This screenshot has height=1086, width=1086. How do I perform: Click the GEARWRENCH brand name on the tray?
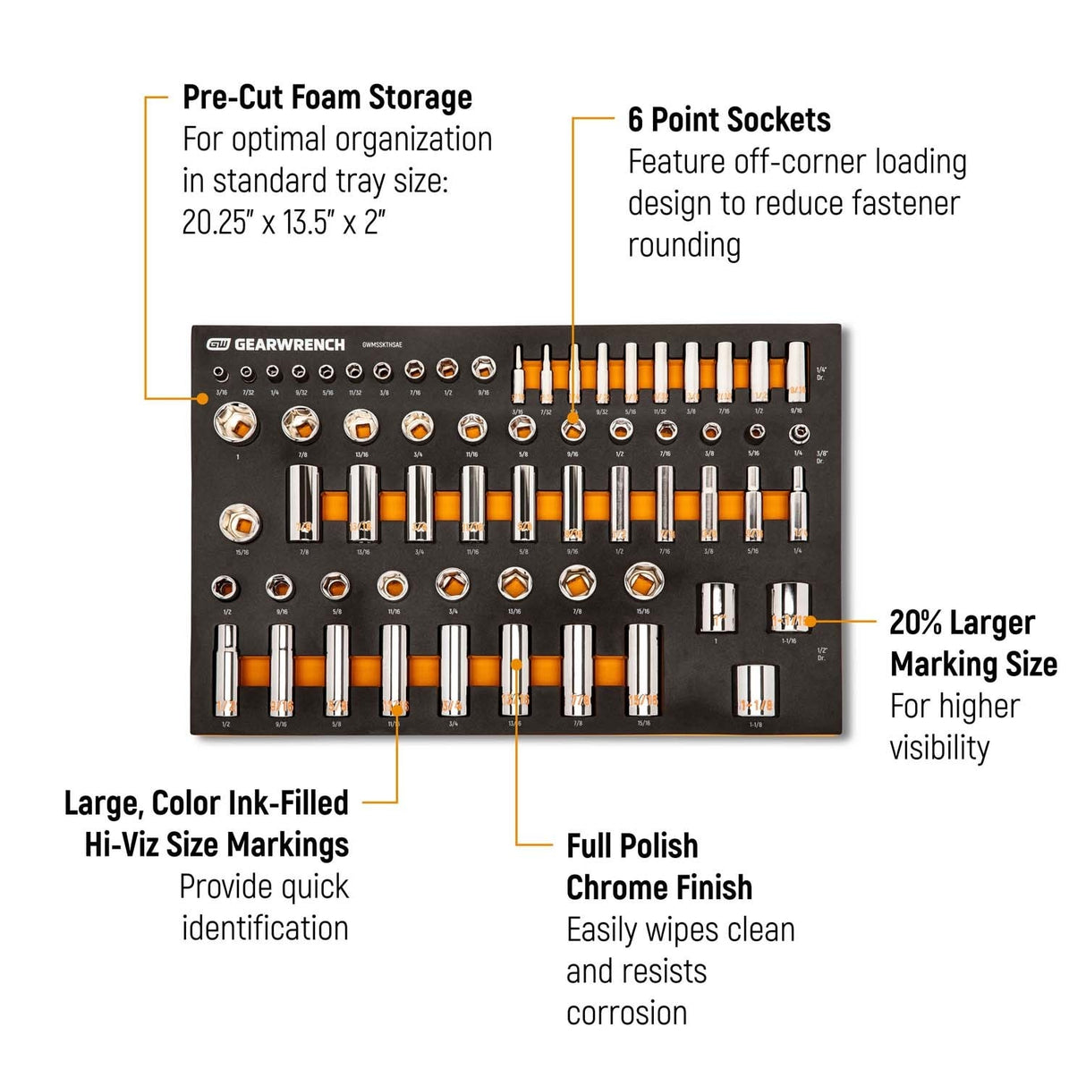(288, 344)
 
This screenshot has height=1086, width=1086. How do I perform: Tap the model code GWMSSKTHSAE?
(388, 344)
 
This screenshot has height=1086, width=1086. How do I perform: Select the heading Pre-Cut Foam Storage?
(327, 97)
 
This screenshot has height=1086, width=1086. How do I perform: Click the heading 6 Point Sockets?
(728, 120)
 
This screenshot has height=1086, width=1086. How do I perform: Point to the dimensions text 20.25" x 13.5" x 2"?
(284, 222)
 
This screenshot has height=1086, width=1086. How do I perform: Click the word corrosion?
(626, 1013)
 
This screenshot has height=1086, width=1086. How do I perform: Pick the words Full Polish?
(632, 845)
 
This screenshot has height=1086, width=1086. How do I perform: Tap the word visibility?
(938, 748)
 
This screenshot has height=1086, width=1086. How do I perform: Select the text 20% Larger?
(962, 623)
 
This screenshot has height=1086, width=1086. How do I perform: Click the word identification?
(265, 928)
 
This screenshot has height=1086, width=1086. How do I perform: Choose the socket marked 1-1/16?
(788, 607)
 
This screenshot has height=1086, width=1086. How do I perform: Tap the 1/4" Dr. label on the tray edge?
(821, 373)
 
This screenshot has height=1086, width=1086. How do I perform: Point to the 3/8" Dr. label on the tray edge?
(821, 456)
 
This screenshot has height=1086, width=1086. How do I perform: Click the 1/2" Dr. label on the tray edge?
(821, 654)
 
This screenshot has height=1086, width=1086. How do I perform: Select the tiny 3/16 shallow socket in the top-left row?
(220, 372)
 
